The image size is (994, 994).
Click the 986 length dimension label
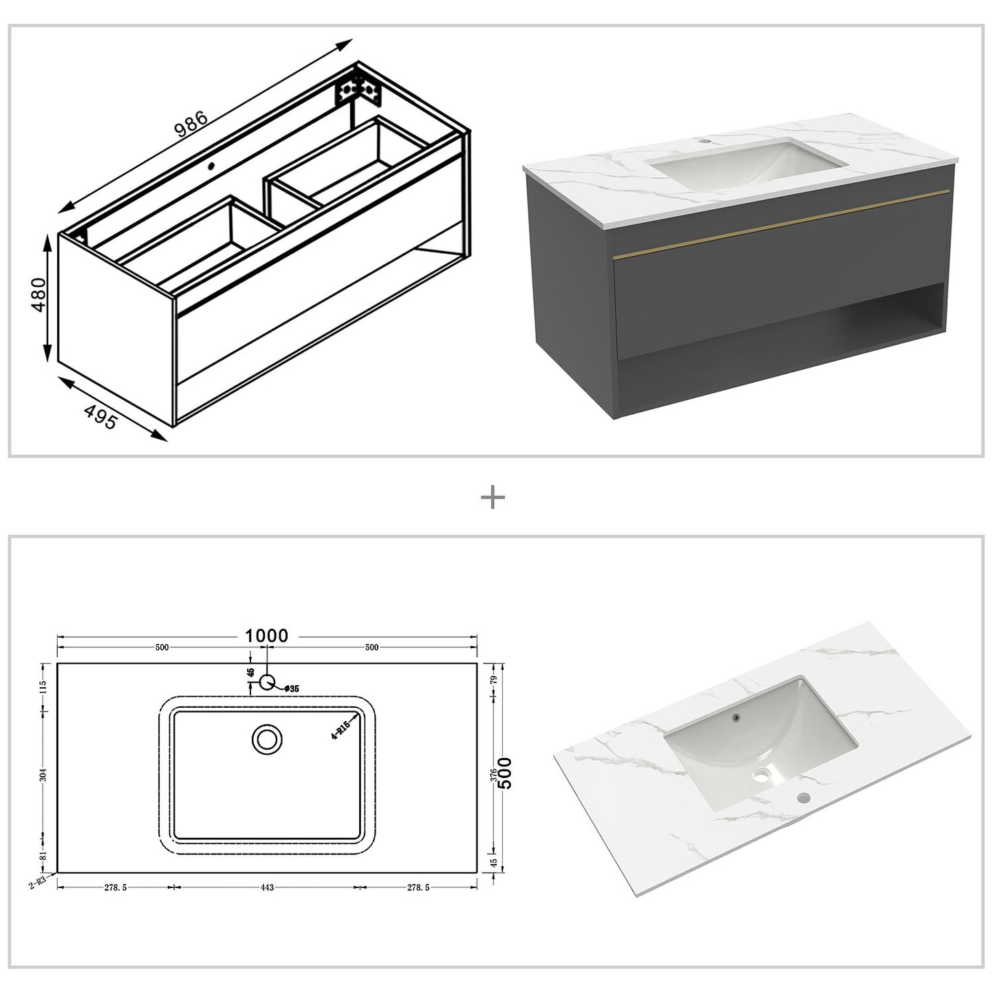tap(191, 124)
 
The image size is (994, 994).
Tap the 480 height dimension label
tap(39, 294)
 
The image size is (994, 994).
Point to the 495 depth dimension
tap(100, 417)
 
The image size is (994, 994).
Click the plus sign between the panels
tap(493, 497)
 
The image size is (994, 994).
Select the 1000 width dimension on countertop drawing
tap(267, 636)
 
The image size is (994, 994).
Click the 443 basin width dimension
tap(267, 887)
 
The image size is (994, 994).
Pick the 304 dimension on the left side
tap(43, 775)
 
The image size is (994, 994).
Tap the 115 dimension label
tap(43, 687)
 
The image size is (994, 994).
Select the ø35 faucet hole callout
tap(290, 689)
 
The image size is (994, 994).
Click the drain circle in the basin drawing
tap(267, 739)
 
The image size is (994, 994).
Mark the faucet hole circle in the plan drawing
tap(267, 682)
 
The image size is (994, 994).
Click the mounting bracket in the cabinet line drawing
tap(358, 90)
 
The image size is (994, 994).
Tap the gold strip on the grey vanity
tap(781, 224)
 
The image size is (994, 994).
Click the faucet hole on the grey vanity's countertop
tap(703, 142)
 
